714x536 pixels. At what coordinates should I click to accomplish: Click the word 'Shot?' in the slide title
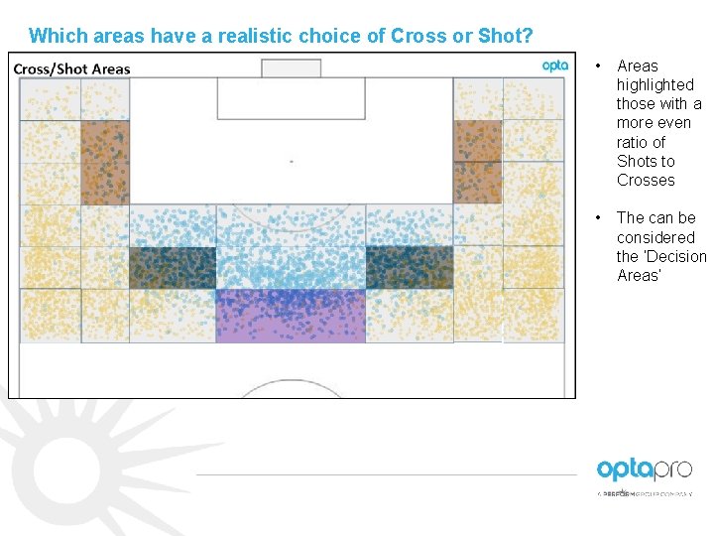pyautogui.click(x=506, y=37)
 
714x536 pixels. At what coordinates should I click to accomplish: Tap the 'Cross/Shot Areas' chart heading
pyautogui.click(x=71, y=68)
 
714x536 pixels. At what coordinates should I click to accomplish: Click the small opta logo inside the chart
pyautogui.click(x=555, y=66)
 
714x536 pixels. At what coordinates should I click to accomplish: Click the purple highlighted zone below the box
pyautogui.click(x=291, y=316)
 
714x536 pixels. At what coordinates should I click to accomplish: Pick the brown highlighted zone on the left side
pyautogui.click(x=104, y=163)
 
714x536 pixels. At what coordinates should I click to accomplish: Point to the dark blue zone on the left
pyautogui.click(x=173, y=268)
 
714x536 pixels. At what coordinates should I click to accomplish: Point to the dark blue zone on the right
pyautogui.click(x=409, y=268)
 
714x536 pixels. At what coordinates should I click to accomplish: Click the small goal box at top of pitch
pyautogui.click(x=291, y=68)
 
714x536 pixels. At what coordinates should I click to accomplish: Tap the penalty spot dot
pyautogui.click(x=291, y=160)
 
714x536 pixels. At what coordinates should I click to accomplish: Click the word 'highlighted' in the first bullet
pyautogui.click(x=654, y=85)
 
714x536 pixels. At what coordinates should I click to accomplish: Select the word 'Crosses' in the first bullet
pyautogui.click(x=646, y=181)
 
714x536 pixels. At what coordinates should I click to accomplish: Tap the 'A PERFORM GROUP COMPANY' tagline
pyautogui.click(x=645, y=492)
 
